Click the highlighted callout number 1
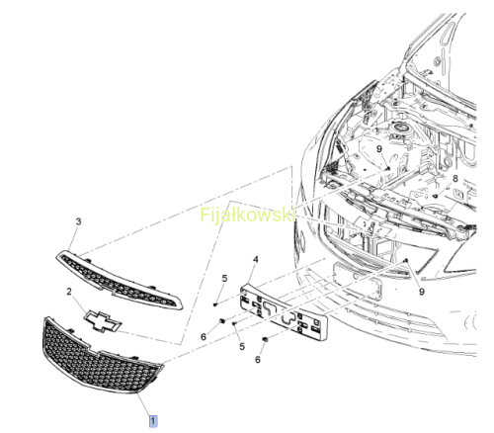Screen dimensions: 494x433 pyautogui.click(x=153, y=421)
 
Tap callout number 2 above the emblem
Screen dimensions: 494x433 pyautogui.click(x=69, y=292)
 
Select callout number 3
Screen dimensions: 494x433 pyautogui.click(x=78, y=221)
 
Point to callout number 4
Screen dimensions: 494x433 pyautogui.click(x=256, y=260)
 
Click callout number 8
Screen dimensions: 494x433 pyautogui.click(x=455, y=179)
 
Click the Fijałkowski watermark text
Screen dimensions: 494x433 pyautogui.click(x=247, y=215)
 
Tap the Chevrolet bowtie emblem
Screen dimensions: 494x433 pyautogui.click(x=103, y=320)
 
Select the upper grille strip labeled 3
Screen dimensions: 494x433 pyautogui.click(x=119, y=281)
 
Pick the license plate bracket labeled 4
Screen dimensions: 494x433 pyautogui.click(x=284, y=311)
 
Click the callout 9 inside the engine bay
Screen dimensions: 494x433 pyautogui.click(x=379, y=149)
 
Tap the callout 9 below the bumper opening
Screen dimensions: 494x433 pyautogui.click(x=422, y=292)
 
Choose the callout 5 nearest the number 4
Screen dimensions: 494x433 pyautogui.click(x=224, y=279)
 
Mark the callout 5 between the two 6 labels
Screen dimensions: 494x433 pyautogui.click(x=242, y=347)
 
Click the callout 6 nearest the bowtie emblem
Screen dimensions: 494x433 pyautogui.click(x=204, y=337)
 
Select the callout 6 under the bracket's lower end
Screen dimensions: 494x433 pyautogui.click(x=258, y=360)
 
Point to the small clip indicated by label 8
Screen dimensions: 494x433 pyautogui.click(x=435, y=196)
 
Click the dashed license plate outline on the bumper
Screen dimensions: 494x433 pyautogui.click(x=358, y=280)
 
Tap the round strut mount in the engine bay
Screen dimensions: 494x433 pyautogui.click(x=400, y=127)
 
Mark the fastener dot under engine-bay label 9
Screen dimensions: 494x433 pyautogui.click(x=388, y=169)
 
